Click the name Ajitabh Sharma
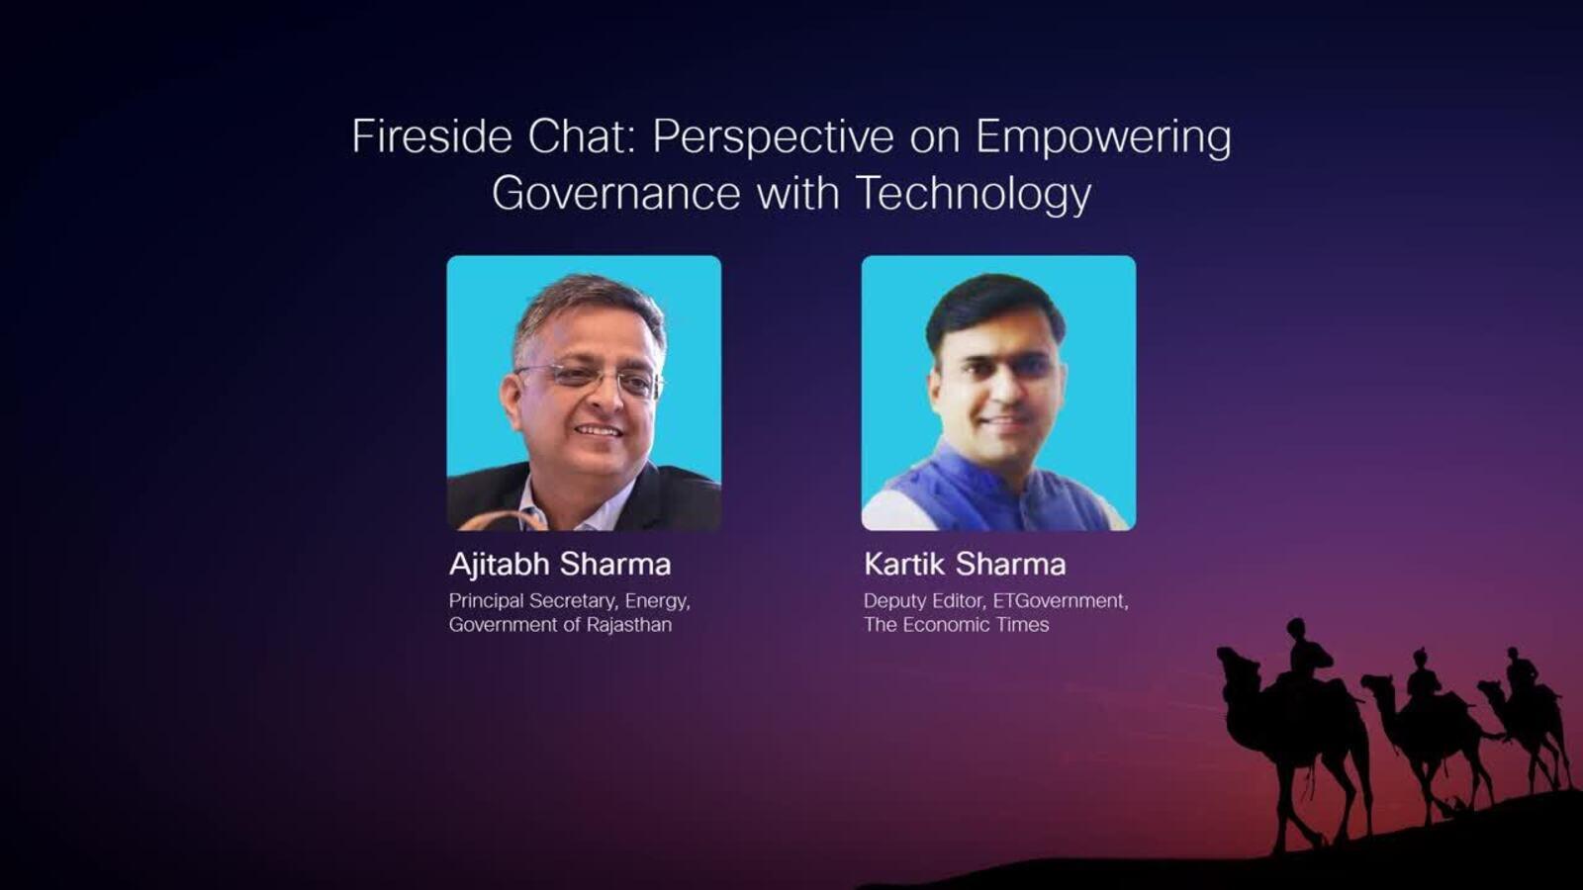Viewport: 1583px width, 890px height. point(560,565)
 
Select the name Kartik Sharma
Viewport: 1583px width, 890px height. point(965,565)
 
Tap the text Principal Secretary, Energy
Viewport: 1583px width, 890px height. point(570,602)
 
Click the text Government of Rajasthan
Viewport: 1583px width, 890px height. point(560,625)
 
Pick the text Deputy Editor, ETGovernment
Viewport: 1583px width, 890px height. point(995,601)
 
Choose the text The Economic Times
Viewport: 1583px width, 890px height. point(956,625)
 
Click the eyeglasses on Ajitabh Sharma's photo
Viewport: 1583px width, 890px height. point(590,380)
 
